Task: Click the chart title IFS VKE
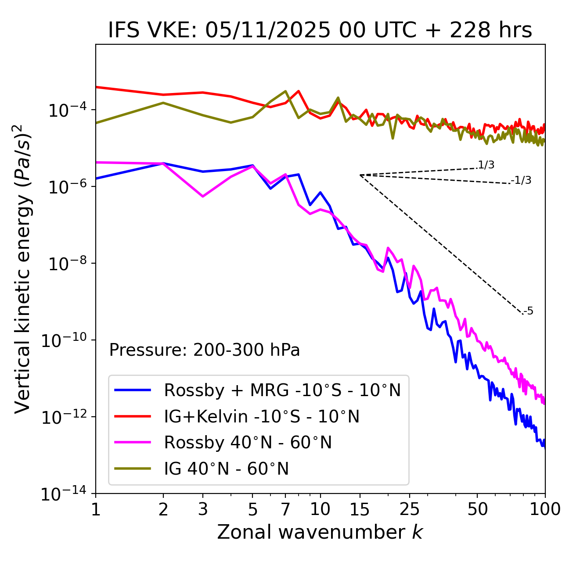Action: pos(320,30)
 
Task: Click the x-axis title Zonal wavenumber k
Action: pos(320,532)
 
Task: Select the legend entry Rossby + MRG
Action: pos(282,390)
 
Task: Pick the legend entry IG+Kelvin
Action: pos(262,416)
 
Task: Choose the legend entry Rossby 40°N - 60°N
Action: pos(248,443)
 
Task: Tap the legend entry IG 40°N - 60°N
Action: pos(226,469)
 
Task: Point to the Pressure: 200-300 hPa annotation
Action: pos(205,350)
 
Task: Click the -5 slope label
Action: pos(529,311)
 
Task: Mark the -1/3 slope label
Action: pos(522,180)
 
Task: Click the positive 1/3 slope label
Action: pos(486,165)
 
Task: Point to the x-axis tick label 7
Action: pos(285,509)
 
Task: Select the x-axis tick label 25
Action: pos(409,509)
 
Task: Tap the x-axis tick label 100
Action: pos(545,509)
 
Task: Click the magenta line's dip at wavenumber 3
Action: pos(202,196)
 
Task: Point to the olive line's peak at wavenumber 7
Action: pos(285,91)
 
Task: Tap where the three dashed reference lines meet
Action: pos(360,175)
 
